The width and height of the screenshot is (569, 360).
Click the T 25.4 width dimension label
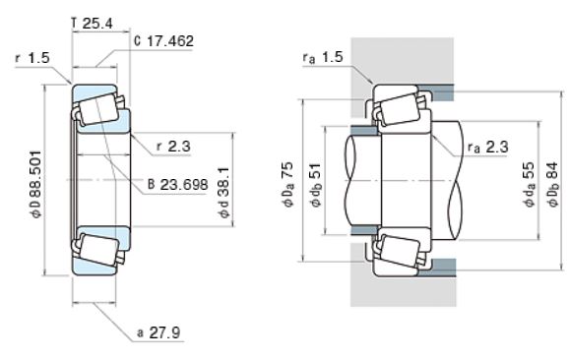click(92, 24)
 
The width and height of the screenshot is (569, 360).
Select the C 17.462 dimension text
click(163, 41)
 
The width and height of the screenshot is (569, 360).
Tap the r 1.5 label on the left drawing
click(32, 58)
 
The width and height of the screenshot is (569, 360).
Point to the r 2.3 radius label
click(173, 147)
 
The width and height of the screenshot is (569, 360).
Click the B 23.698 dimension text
click(178, 185)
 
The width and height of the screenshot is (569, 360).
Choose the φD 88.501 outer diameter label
click(35, 184)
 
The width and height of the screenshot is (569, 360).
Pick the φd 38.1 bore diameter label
click(224, 192)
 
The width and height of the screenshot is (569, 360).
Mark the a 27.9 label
click(158, 332)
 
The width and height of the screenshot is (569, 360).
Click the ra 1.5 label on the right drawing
click(323, 57)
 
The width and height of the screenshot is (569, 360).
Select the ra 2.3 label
click(488, 147)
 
